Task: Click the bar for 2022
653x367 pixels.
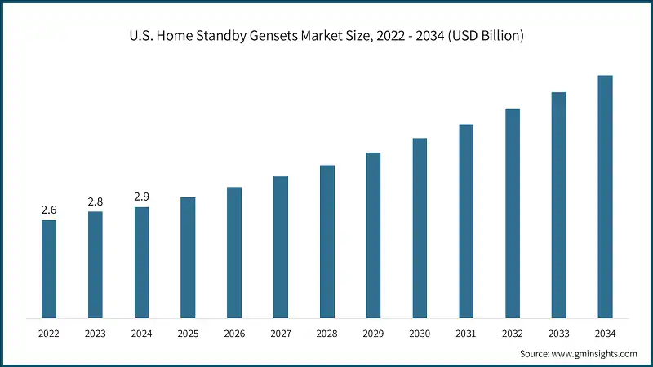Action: point(49,268)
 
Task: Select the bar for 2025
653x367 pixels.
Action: point(188,257)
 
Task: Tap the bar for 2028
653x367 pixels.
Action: point(326,241)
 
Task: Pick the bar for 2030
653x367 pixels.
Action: point(420,228)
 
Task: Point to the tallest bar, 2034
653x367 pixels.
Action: point(605,196)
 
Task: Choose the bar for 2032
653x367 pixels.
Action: point(513,213)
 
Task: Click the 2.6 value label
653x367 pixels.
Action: point(49,210)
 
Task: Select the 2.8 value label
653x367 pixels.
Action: point(96,201)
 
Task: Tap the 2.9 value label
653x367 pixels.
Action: point(141,197)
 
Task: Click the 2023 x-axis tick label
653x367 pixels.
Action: point(96,334)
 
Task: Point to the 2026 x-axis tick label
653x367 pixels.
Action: point(234,334)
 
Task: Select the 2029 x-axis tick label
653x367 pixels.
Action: point(373,334)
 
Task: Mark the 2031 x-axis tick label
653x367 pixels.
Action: point(466,334)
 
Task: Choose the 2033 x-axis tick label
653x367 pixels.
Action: point(558,334)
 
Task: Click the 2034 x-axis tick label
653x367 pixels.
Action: point(605,334)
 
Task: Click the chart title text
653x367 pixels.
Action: point(326,37)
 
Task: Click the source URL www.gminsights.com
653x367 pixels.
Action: point(593,354)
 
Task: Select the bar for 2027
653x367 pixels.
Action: point(281,247)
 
